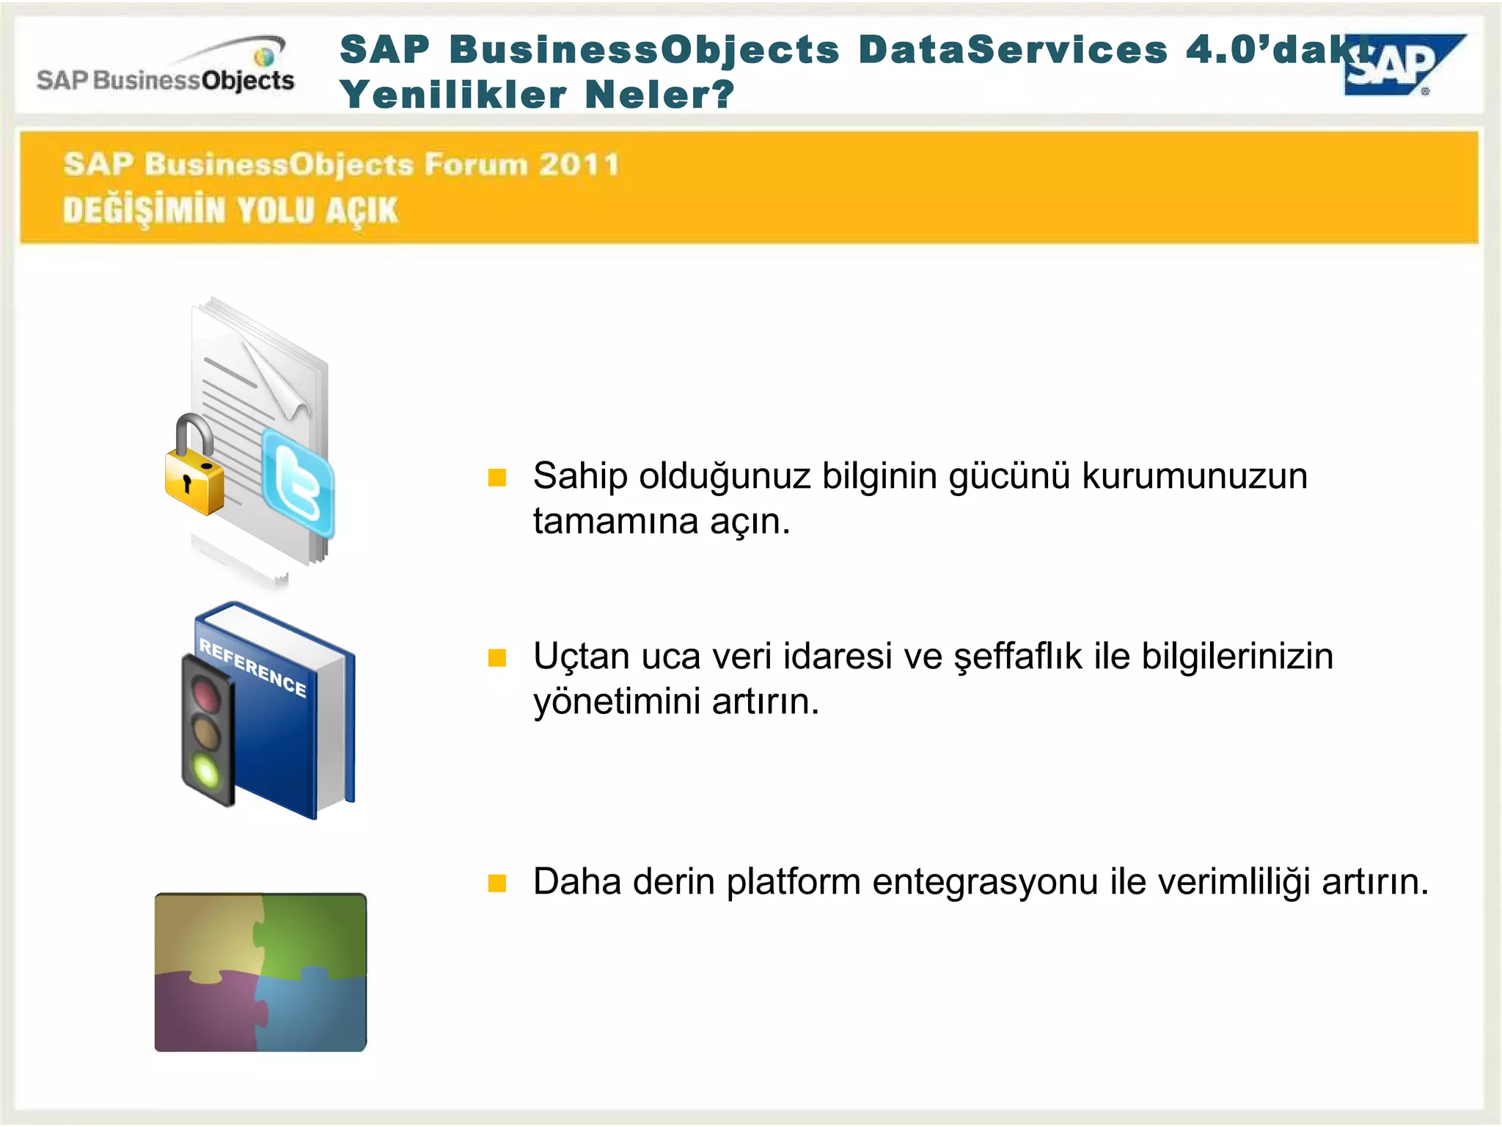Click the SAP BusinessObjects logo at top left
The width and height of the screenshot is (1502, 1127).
tap(166, 70)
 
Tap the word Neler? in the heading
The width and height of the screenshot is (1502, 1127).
tap(659, 95)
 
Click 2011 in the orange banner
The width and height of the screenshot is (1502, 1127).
tap(579, 164)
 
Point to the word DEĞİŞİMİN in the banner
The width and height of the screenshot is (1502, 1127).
tap(144, 211)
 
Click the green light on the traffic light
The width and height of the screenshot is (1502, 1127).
tap(206, 771)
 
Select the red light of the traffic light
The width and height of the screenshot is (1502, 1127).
tap(206, 693)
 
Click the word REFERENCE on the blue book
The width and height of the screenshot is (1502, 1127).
tap(253, 667)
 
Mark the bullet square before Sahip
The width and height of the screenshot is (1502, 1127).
tap(497, 478)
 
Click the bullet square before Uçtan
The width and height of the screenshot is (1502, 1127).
tap(497, 657)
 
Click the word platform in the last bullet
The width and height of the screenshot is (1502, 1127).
tap(793, 882)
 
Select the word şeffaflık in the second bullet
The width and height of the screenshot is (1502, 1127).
tap(1018, 657)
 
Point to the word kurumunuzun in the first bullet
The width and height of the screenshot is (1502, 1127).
tap(1195, 476)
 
